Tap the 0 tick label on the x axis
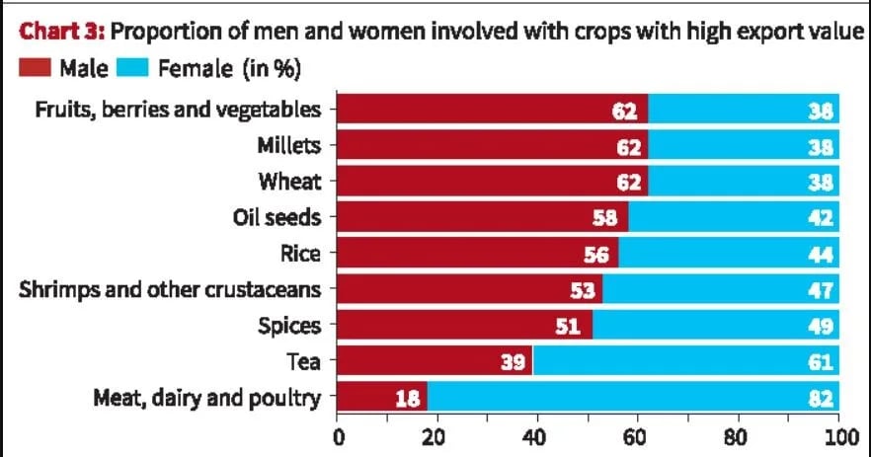pos(338,436)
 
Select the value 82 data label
pos(821,400)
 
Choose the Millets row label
pos(289,145)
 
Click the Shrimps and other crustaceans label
pos(171,290)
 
